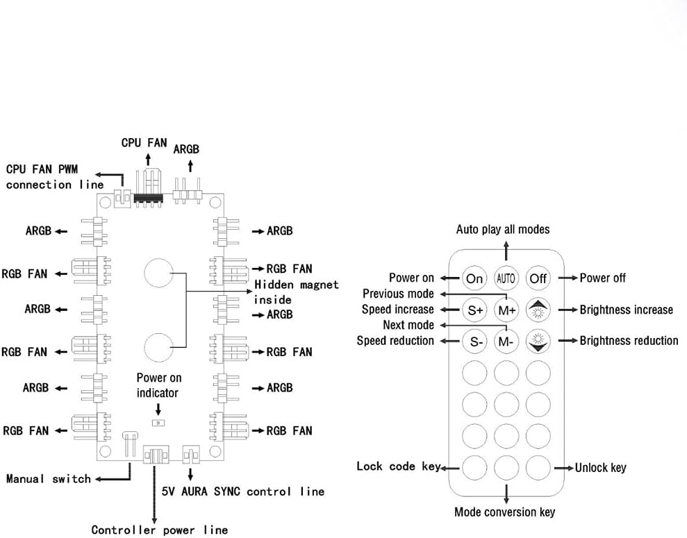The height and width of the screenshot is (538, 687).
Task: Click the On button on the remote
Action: [474, 278]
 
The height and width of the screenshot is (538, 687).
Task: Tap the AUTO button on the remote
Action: [506, 278]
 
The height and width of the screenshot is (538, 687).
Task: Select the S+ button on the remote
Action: [474, 310]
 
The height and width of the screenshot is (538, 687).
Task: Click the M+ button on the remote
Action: [506, 310]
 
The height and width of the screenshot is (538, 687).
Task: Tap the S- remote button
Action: [474, 341]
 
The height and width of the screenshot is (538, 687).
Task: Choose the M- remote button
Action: [506, 341]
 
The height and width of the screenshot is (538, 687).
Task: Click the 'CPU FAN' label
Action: [144, 142]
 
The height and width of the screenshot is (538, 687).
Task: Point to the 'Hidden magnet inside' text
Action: [296, 292]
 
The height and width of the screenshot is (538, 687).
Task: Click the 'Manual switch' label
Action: [48, 478]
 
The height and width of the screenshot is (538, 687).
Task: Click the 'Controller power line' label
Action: [159, 530]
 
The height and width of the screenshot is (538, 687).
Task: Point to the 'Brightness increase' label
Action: [626, 310]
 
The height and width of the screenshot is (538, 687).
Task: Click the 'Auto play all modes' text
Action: [502, 229]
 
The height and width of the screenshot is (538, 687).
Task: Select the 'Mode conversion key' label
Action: [504, 512]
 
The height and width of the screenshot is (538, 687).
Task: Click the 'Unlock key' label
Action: [600, 467]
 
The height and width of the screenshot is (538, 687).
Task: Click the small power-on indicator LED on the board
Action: [159, 421]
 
